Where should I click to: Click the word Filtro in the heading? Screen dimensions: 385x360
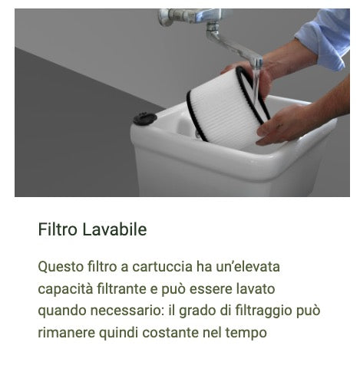[x=55, y=229]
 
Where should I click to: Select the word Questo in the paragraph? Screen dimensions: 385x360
[x=61, y=267]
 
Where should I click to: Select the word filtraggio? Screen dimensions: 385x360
[x=264, y=311]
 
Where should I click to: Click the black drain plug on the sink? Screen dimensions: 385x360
[x=144, y=119]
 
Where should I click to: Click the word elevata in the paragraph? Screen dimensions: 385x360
[x=254, y=267]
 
